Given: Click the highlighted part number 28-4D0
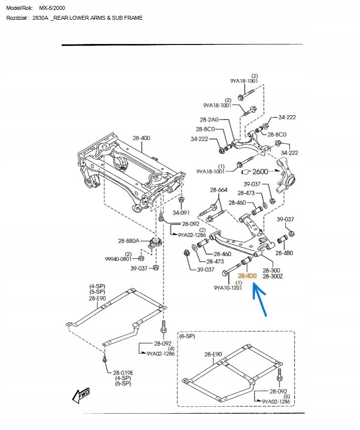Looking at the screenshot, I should (247, 276).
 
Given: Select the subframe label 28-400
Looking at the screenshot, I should (141, 138).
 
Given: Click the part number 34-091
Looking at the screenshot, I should (181, 213).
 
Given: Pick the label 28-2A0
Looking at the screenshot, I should (209, 120).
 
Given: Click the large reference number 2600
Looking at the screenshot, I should (260, 172).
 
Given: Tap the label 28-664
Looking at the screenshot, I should (219, 190).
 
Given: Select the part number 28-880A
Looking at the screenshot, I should (128, 241).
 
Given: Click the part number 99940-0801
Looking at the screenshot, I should (118, 258).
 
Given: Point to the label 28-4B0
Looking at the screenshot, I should (284, 253).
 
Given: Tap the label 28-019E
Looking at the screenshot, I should (123, 373).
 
